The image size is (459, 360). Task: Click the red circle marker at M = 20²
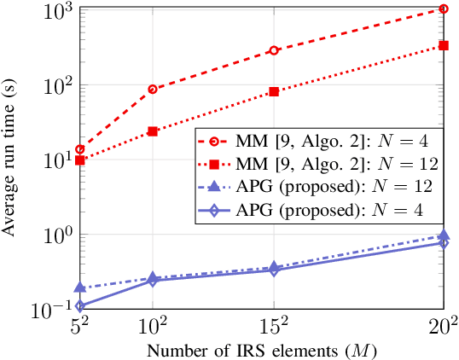[443, 9]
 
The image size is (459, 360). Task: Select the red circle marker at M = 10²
[153, 90]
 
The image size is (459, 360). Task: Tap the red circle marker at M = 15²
[274, 50]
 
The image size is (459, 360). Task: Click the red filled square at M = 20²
[443, 46]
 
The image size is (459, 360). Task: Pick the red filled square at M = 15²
[274, 91]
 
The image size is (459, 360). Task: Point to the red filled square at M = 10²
[153, 131]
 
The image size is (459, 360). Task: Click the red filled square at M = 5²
[80, 160]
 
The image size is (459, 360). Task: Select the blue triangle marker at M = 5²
[80, 288]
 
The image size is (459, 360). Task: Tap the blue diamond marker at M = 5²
[80, 306]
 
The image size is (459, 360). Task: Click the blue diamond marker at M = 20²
[443, 243]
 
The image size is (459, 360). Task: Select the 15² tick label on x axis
[274, 328]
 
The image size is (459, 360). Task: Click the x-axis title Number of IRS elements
[261, 350]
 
